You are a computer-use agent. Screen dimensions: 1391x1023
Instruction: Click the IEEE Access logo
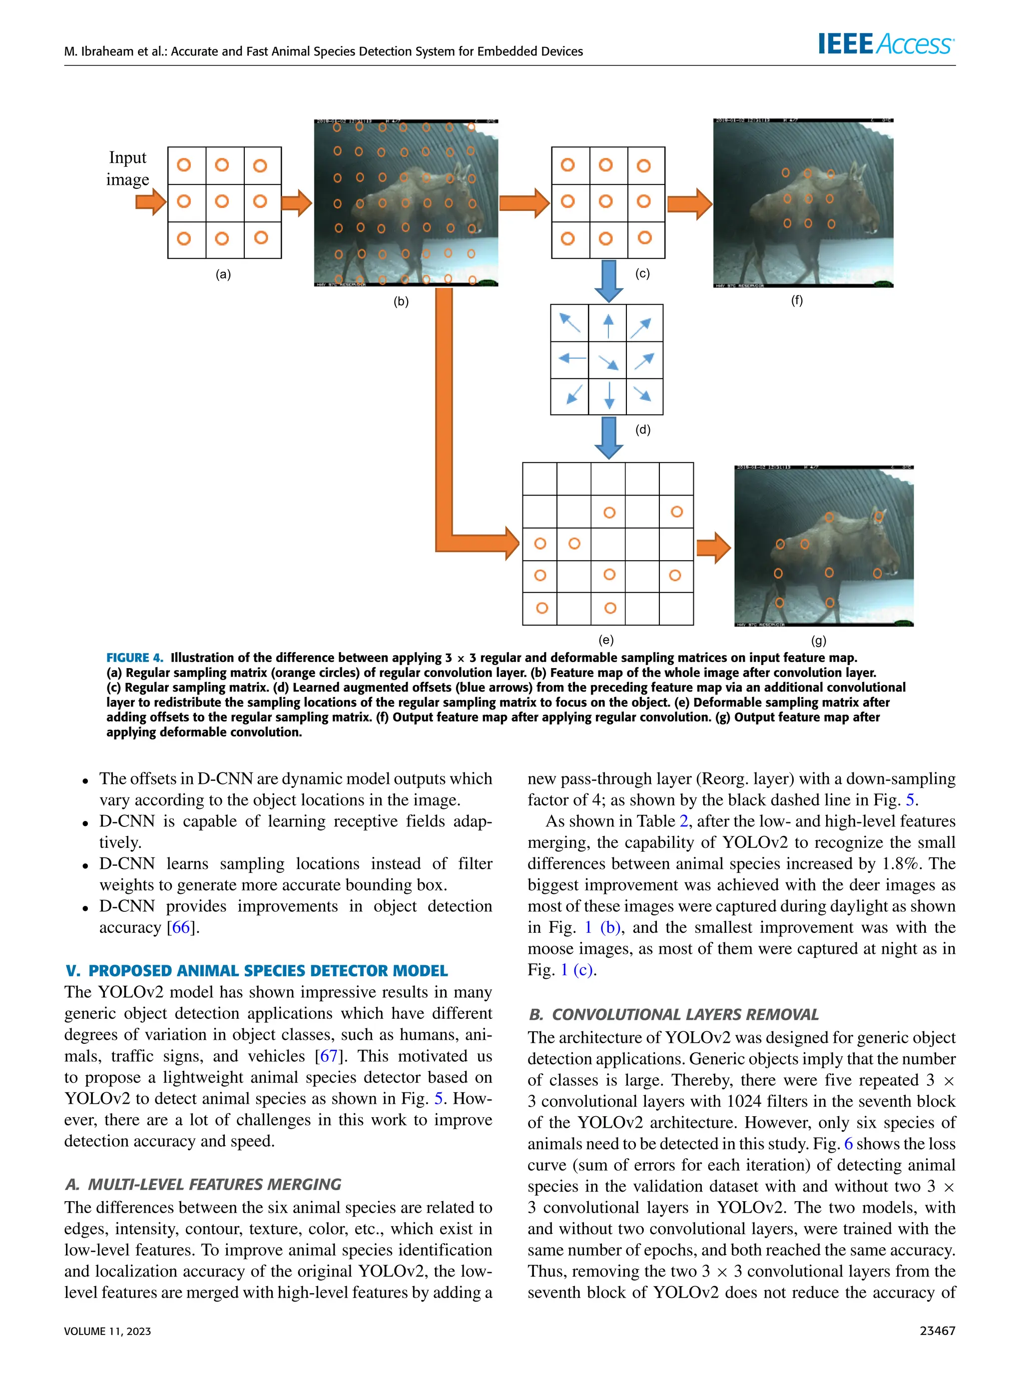click(x=886, y=44)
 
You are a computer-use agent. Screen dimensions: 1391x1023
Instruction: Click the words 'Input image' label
click(x=127, y=168)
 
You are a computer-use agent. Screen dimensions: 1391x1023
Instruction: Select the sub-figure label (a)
click(x=223, y=274)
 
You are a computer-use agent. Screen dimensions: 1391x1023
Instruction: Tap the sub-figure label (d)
click(x=643, y=429)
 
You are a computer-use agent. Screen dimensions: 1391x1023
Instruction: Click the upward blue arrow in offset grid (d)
click(x=608, y=325)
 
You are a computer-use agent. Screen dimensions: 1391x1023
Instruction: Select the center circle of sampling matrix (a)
click(x=222, y=201)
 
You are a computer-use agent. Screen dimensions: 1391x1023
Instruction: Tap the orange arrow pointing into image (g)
click(x=713, y=548)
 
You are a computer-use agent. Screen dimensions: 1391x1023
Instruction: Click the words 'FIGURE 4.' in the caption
click(x=134, y=658)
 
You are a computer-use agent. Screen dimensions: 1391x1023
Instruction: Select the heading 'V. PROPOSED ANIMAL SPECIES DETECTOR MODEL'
click(x=256, y=970)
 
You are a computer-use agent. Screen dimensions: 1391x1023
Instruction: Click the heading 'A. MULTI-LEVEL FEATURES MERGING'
click(x=203, y=1184)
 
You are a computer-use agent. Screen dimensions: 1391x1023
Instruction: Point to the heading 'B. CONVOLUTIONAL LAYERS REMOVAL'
click(x=674, y=1014)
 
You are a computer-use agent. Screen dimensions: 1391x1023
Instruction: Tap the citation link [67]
click(x=328, y=1056)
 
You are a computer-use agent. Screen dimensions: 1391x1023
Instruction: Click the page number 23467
click(x=937, y=1331)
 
